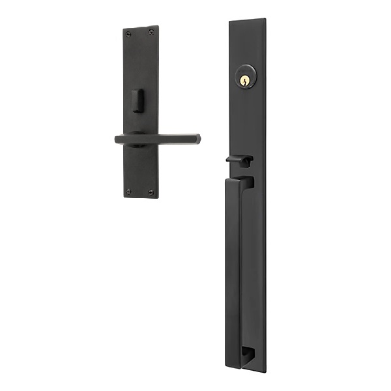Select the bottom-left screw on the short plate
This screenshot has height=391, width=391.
coord(129,191)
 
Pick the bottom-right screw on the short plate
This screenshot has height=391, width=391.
coord(151,192)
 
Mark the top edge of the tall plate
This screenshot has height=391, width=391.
coord(248,20)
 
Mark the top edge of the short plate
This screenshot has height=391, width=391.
coord(140,28)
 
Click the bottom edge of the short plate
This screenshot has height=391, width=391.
coord(141,197)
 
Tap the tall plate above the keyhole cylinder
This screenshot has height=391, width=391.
coord(248,46)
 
